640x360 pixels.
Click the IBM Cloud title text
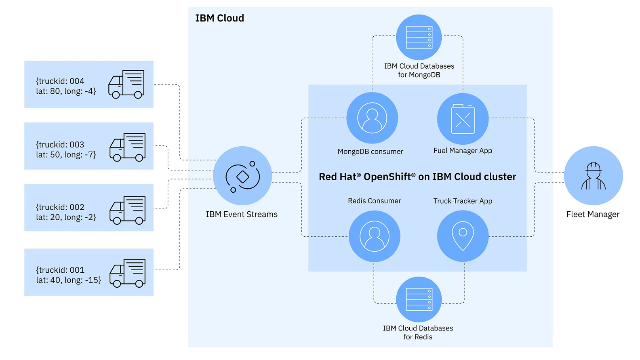click(219, 18)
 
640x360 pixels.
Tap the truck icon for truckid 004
click(126, 84)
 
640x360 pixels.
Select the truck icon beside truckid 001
click(127, 273)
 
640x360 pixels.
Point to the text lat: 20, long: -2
click(66, 217)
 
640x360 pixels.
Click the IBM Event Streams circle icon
click(242, 176)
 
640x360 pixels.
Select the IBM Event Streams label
click(242, 215)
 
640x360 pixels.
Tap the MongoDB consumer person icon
click(372, 118)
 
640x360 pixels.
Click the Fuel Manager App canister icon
click(463, 119)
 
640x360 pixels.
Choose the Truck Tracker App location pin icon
click(463, 236)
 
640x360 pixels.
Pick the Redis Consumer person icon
click(375, 236)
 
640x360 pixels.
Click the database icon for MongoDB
click(419, 37)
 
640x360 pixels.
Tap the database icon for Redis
click(419, 299)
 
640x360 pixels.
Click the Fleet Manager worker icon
click(593, 176)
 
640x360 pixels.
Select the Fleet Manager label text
click(593, 215)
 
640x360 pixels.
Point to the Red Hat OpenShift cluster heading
click(417, 177)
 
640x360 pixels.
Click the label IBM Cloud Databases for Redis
click(418, 333)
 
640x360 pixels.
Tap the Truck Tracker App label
click(463, 201)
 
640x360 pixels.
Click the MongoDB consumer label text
click(370, 152)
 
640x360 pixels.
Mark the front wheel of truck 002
click(117, 221)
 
